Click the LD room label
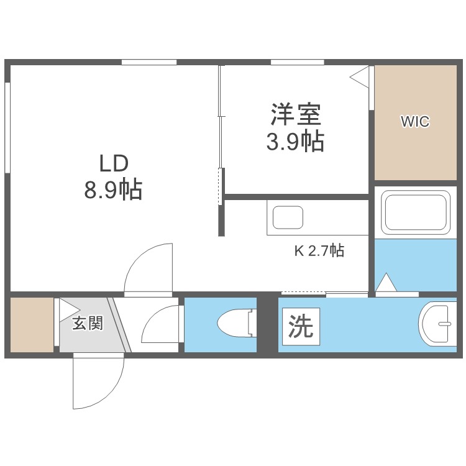point(114,164)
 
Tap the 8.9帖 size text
point(113,190)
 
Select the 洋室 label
point(296,114)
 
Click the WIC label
point(415,121)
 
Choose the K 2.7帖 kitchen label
point(319,251)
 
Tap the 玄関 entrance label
point(88,323)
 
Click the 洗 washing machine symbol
point(301,326)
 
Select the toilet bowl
point(237,323)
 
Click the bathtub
point(416,212)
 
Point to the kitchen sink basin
point(288,217)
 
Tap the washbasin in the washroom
point(437,324)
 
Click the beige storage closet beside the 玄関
point(32,325)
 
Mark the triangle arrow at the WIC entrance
point(359,77)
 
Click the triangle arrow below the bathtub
point(386,282)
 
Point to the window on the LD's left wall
point(7,127)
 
